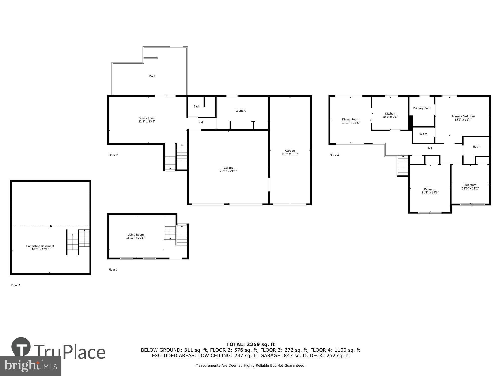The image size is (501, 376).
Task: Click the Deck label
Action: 152,76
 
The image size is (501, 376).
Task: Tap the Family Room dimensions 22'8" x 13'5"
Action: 147,122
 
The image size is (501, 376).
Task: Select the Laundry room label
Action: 241,111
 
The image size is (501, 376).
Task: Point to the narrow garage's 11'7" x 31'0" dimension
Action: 290,154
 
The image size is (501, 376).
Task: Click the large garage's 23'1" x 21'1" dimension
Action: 228,171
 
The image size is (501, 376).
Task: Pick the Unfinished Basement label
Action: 40,246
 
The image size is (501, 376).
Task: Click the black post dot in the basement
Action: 51,226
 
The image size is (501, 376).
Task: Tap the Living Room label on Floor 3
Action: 135,235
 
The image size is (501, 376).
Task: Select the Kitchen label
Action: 390,114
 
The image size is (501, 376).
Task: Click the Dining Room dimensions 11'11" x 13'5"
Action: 351,123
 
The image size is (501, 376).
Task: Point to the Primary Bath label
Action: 422,108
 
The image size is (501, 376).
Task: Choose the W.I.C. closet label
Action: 423,134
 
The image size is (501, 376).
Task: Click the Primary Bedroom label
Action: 463,116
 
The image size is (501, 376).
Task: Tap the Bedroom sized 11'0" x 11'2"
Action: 470,187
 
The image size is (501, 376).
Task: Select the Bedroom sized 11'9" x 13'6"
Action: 430,191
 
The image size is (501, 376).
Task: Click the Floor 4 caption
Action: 334,155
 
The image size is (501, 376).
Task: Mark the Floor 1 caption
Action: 16,285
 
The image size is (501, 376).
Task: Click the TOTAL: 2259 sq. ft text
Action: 250,344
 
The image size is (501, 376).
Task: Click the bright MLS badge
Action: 30,366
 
